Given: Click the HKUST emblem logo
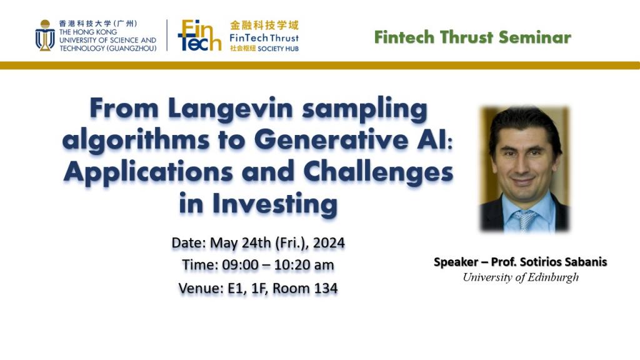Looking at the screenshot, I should pyautogui.click(x=44, y=36).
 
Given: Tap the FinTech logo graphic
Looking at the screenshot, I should pyautogui.click(x=199, y=35).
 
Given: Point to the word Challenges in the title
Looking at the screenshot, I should pyautogui.click(x=385, y=171).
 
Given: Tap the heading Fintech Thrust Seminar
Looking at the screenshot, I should pyautogui.click(x=472, y=37).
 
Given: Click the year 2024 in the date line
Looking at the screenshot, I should pyautogui.click(x=327, y=242).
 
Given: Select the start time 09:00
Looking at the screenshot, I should pyautogui.click(x=239, y=265).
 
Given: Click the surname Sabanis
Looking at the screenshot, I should pyautogui.click(x=583, y=262).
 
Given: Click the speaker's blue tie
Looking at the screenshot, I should pyautogui.click(x=525, y=219).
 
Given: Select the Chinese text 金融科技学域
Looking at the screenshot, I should pyautogui.click(x=264, y=26).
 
